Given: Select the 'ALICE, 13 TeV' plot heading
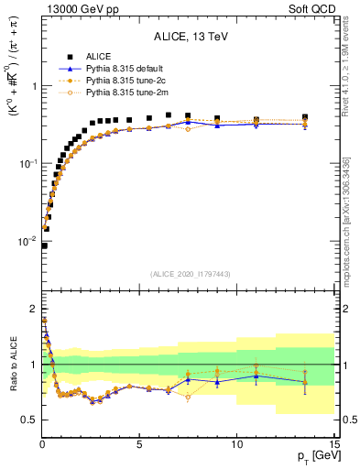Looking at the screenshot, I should [x=191, y=38].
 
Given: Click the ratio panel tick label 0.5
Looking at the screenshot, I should [x=27, y=420].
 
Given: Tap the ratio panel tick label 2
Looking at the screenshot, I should [x=33, y=308].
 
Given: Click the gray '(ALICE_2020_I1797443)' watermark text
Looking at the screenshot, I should [x=191, y=274].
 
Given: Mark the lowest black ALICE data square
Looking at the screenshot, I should [x=44, y=245].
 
